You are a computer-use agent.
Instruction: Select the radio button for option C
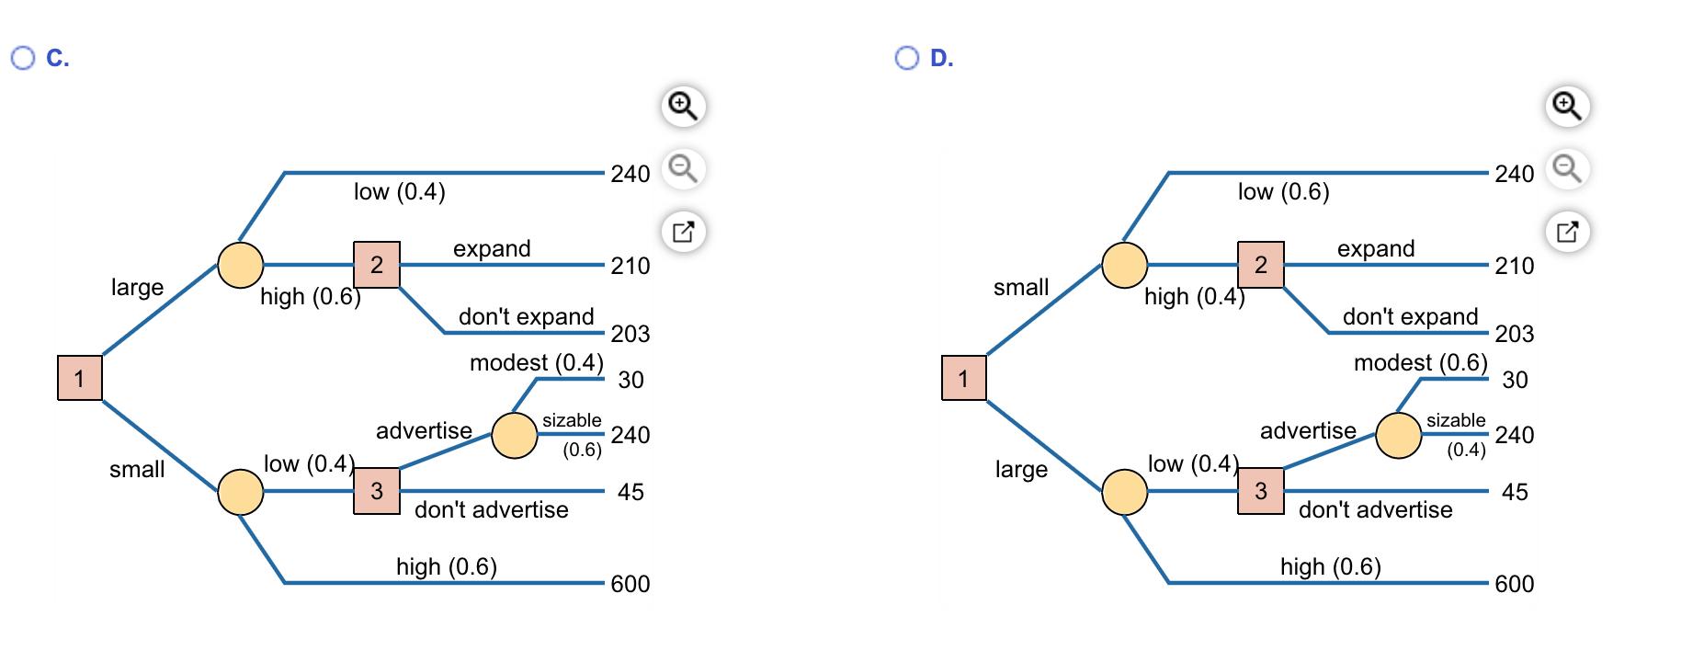pyautogui.click(x=21, y=58)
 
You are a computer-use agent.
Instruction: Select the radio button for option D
pyautogui.click(x=905, y=58)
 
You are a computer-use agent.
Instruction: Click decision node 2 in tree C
pyautogui.click(x=376, y=265)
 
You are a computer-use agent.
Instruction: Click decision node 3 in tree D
pyautogui.click(x=1260, y=491)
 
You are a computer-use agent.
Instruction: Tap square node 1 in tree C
pyautogui.click(x=80, y=378)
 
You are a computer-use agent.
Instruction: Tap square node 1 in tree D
pyautogui.click(x=963, y=378)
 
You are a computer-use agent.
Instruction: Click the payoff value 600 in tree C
pyautogui.click(x=630, y=584)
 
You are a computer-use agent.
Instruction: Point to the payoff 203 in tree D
pyautogui.click(x=1514, y=334)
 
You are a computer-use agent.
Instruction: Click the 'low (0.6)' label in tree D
pyautogui.click(x=1283, y=191)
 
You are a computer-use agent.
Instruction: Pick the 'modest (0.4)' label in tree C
pyautogui.click(x=536, y=362)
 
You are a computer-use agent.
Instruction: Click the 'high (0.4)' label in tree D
pyautogui.click(x=1194, y=296)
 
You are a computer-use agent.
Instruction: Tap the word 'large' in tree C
pyautogui.click(x=137, y=287)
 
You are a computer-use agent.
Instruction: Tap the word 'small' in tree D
pyautogui.click(x=1020, y=287)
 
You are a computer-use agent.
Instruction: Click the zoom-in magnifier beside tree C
pyautogui.click(x=683, y=107)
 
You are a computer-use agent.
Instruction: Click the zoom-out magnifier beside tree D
pyautogui.click(x=1567, y=169)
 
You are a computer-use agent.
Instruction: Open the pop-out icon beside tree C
pyautogui.click(x=683, y=231)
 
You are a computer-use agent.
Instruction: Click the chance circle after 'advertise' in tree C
pyautogui.click(x=514, y=436)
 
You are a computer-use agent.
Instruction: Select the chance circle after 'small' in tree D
pyautogui.click(x=1124, y=265)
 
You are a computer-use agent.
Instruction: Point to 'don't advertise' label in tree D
pyautogui.click(x=1375, y=509)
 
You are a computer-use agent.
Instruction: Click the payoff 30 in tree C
pyautogui.click(x=630, y=380)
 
